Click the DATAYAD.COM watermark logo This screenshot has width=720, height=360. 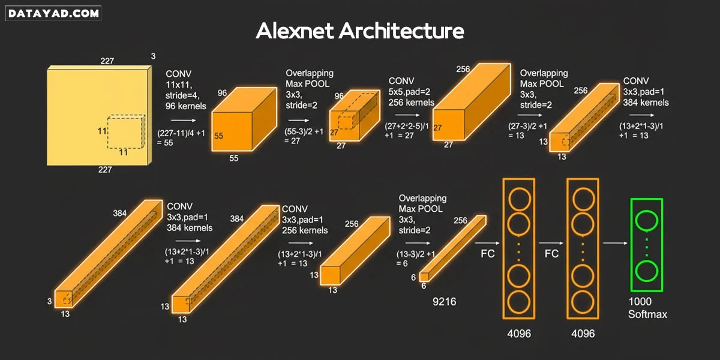click(53, 13)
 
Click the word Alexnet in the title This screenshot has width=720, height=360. click(295, 31)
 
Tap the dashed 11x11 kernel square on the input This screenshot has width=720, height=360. click(126, 132)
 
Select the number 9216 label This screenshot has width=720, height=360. click(444, 301)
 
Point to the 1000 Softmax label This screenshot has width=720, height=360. click(647, 308)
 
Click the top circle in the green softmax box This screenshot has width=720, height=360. click(646, 221)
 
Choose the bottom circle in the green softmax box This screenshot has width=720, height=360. click(646, 271)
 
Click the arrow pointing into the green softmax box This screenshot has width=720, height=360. click(615, 243)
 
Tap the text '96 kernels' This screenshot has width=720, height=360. click(186, 106)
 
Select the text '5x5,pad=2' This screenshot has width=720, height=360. click(409, 92)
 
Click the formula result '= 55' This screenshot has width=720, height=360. click(165, 143)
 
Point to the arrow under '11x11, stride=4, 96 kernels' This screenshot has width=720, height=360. click(184, 120)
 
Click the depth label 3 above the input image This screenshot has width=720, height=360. click(154, 56)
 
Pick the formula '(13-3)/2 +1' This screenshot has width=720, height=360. click(416, 254)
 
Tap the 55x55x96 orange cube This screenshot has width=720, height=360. click(244, 119)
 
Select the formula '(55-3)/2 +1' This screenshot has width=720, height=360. click(304, 131)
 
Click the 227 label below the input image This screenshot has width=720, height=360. click(105, 170)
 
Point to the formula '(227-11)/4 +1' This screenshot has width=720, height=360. click(181, 133)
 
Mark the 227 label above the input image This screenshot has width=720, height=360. click(107, 61)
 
